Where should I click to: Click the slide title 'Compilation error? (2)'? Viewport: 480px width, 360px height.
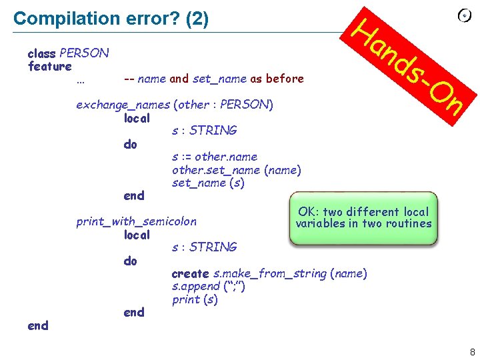111,19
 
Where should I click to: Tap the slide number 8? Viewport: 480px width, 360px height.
472,352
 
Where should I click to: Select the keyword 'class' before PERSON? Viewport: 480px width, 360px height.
41,53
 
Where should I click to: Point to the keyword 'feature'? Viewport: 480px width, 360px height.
50,66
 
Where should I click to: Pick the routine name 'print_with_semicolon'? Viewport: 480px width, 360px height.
136,221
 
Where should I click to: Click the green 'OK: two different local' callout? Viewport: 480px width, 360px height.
363,218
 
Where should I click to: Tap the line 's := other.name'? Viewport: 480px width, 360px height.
214,157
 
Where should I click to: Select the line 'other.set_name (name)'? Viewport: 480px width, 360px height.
236,170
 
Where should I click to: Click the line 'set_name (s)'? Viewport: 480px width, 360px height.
207,183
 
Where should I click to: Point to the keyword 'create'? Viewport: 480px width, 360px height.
190,273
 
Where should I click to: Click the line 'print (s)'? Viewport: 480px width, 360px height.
195,299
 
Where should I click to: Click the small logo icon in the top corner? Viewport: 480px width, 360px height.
465,16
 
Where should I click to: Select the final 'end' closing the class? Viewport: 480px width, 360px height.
38,325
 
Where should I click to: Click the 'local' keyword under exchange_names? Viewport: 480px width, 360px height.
137,119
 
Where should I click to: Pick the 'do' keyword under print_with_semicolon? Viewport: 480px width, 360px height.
130,261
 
